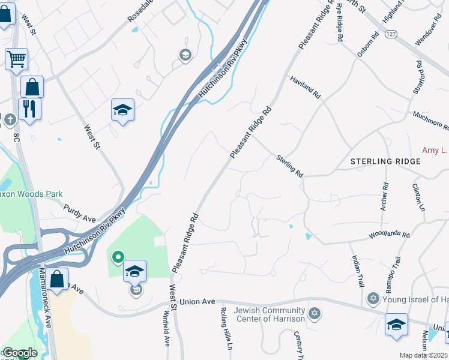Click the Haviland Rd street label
coord(306,88)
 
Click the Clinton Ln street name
coord(418,197)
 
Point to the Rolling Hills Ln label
coord(225,328)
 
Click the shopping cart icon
coord(16,59)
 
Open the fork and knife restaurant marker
coord(29,109)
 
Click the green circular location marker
coord(118,258)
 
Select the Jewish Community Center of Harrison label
coord(270,314)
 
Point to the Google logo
coord(19,353)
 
